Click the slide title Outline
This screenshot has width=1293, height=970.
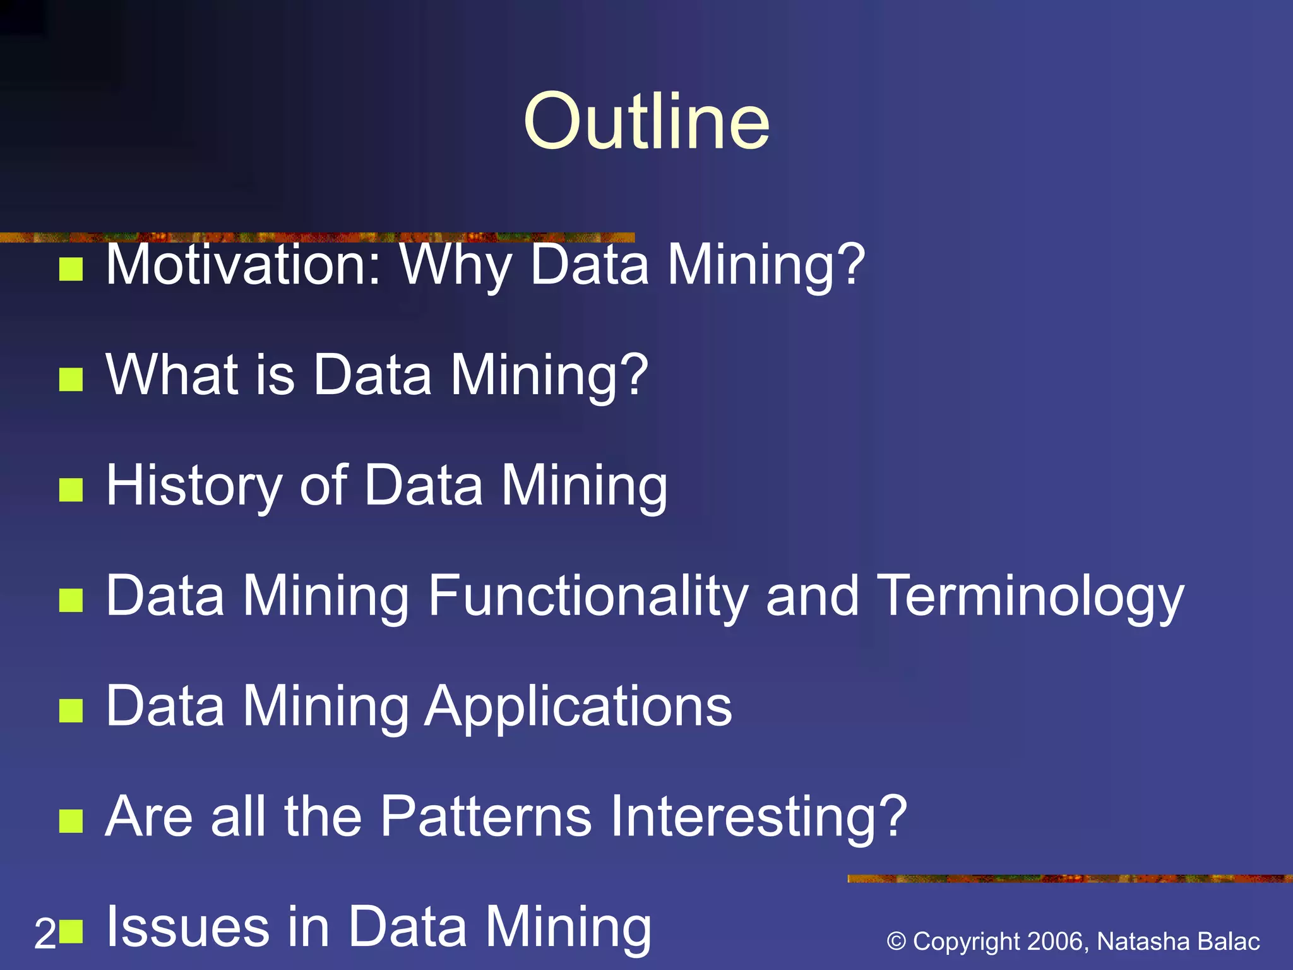point(646,121)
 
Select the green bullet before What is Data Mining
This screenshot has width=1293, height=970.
point(71,380)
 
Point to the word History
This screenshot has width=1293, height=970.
point(194,486)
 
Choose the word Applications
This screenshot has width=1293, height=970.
point(578,707)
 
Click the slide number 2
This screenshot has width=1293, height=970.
point(45,934)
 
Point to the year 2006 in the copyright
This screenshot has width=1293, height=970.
point(1056,942)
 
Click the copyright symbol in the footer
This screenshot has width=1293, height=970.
point(897,942)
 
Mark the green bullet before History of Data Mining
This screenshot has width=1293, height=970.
point(71,489)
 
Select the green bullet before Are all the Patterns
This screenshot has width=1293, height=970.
point(71,822)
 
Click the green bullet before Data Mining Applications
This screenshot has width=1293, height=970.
point(71,710)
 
